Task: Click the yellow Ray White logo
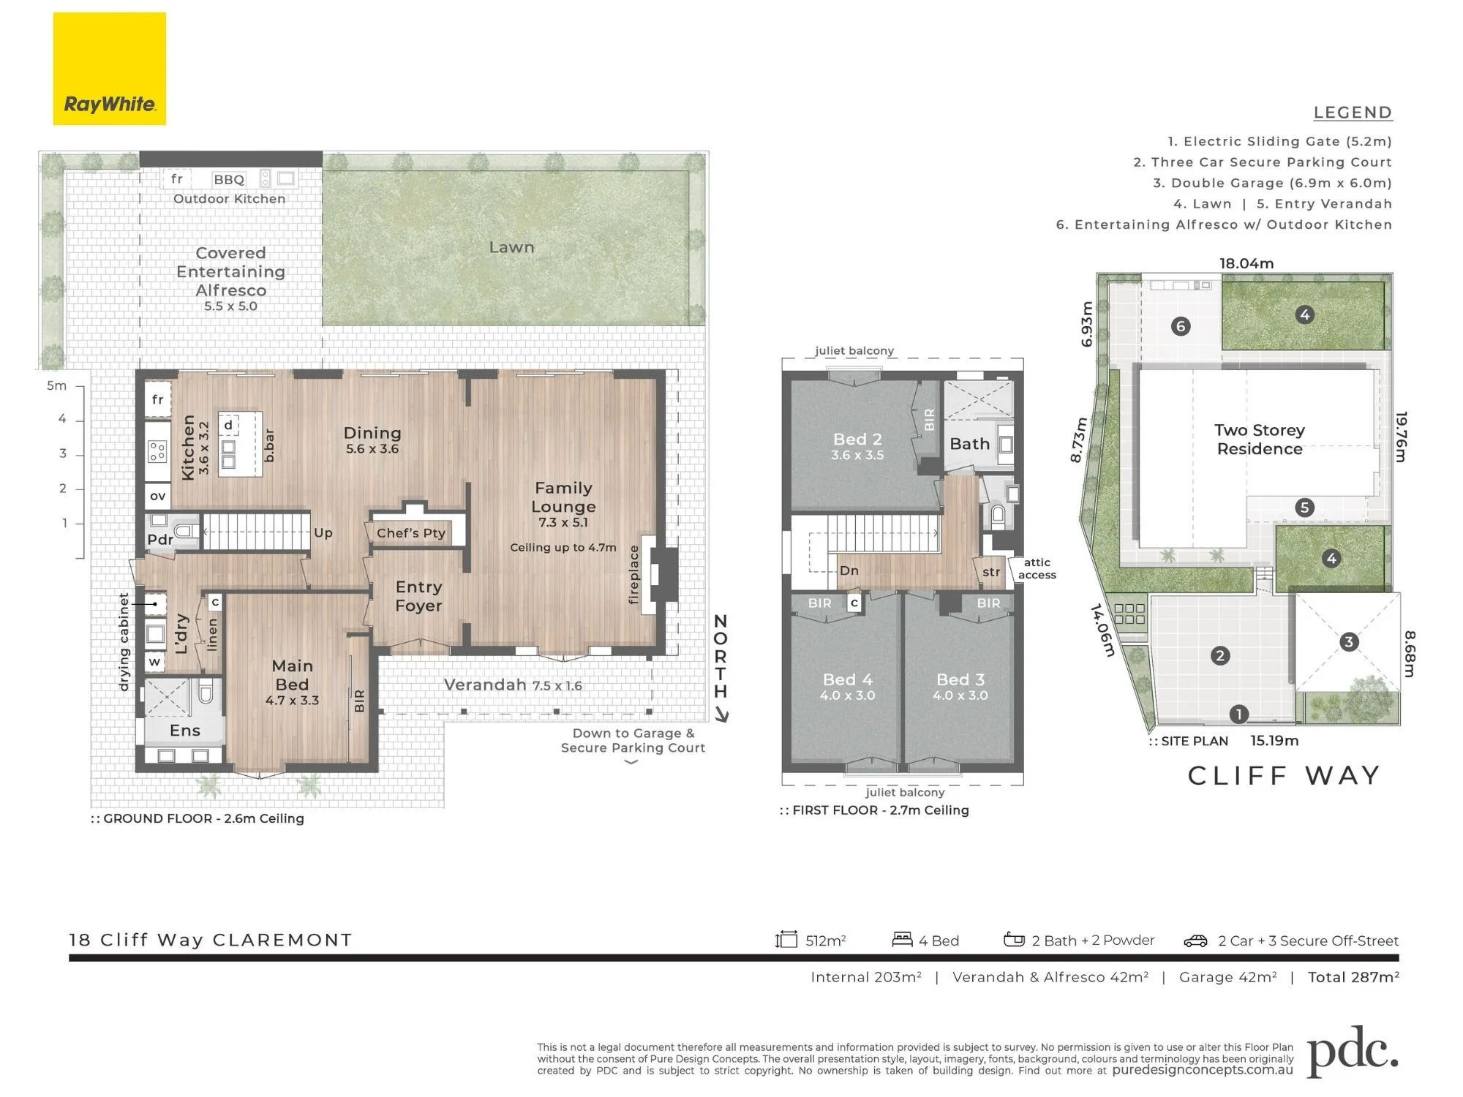coord(110,69)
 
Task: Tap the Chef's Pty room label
coord(411,533)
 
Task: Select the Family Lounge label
coord(563,497)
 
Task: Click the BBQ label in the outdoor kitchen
coord(229,179)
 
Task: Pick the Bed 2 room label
coord(857,440)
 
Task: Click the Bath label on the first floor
coord(969,444)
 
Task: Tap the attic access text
coord(1037,568)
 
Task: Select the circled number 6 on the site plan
coord(1181,326)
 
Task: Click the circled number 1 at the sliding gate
coord(1238,714)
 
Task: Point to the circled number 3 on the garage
coord(1349,642)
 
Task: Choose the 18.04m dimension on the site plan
coord(1246,263)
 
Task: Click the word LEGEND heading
coord(1353,113)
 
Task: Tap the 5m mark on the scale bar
coord(56,385)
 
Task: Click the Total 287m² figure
coord(1353,977)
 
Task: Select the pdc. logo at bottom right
coord(1353,1052)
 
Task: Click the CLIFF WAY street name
coord(1284,775)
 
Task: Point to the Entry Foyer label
coord(418,596)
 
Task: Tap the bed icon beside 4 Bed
coord(902,939)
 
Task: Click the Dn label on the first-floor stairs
coord(849,570)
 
